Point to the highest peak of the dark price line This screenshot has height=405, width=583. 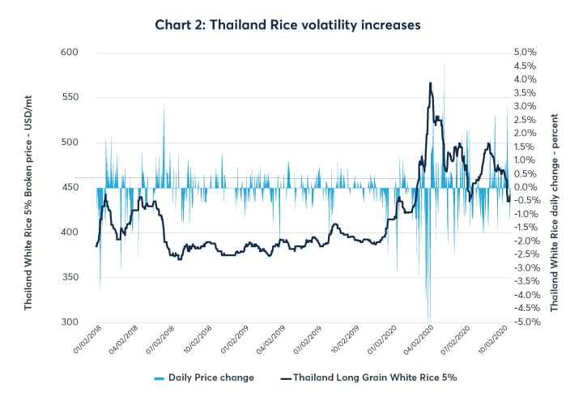tap(430, 83)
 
